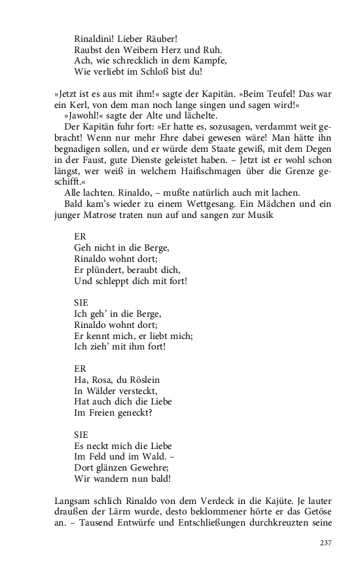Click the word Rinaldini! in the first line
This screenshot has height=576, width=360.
tap(97, 39)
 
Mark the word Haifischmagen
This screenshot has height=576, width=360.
tap(193, 171)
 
